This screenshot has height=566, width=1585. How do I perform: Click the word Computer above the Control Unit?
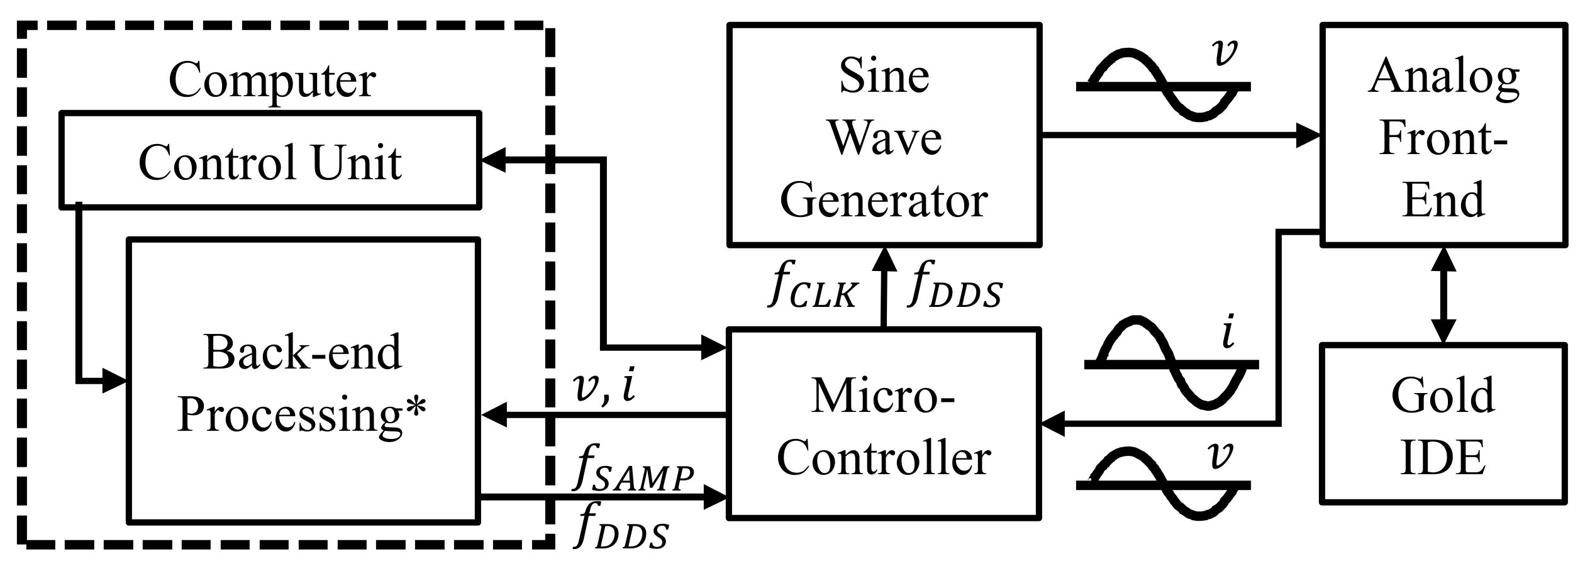tap(272, 80)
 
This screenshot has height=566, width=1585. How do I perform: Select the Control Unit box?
tap(270, 160)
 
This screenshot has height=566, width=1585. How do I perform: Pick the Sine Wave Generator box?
tap(884, 135)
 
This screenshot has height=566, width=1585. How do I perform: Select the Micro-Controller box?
tap(884, 423)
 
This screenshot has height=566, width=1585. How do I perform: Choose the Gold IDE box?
tap(1443, 423)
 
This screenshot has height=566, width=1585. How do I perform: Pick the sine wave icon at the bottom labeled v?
tap(1164, 484)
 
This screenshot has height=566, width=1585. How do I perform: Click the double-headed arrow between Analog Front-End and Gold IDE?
tap(1443, 295)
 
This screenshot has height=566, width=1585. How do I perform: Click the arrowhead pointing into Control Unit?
tap(494, 160)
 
